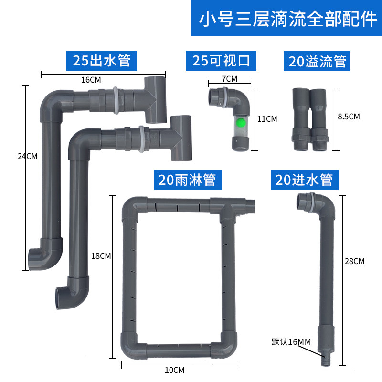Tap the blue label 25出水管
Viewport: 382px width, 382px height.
pyautogui.click(x=101, y=61)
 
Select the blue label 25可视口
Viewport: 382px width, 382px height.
pyautogui.click(x=222, y=61)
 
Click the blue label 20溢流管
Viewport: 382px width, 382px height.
pyautogui.click(x=317, y=62)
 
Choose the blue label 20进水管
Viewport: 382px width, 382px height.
pyautogui.click(x=304, y=180)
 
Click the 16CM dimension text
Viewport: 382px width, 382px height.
pyautogui.click(x=91, y=80)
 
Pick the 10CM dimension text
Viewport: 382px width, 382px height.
pyautogui.click(x=175, y=370)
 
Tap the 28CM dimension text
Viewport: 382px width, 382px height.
pyautogui.click(x=354, y=261)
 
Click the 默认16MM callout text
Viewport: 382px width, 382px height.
pyautogui.click(x=291, y=342)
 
